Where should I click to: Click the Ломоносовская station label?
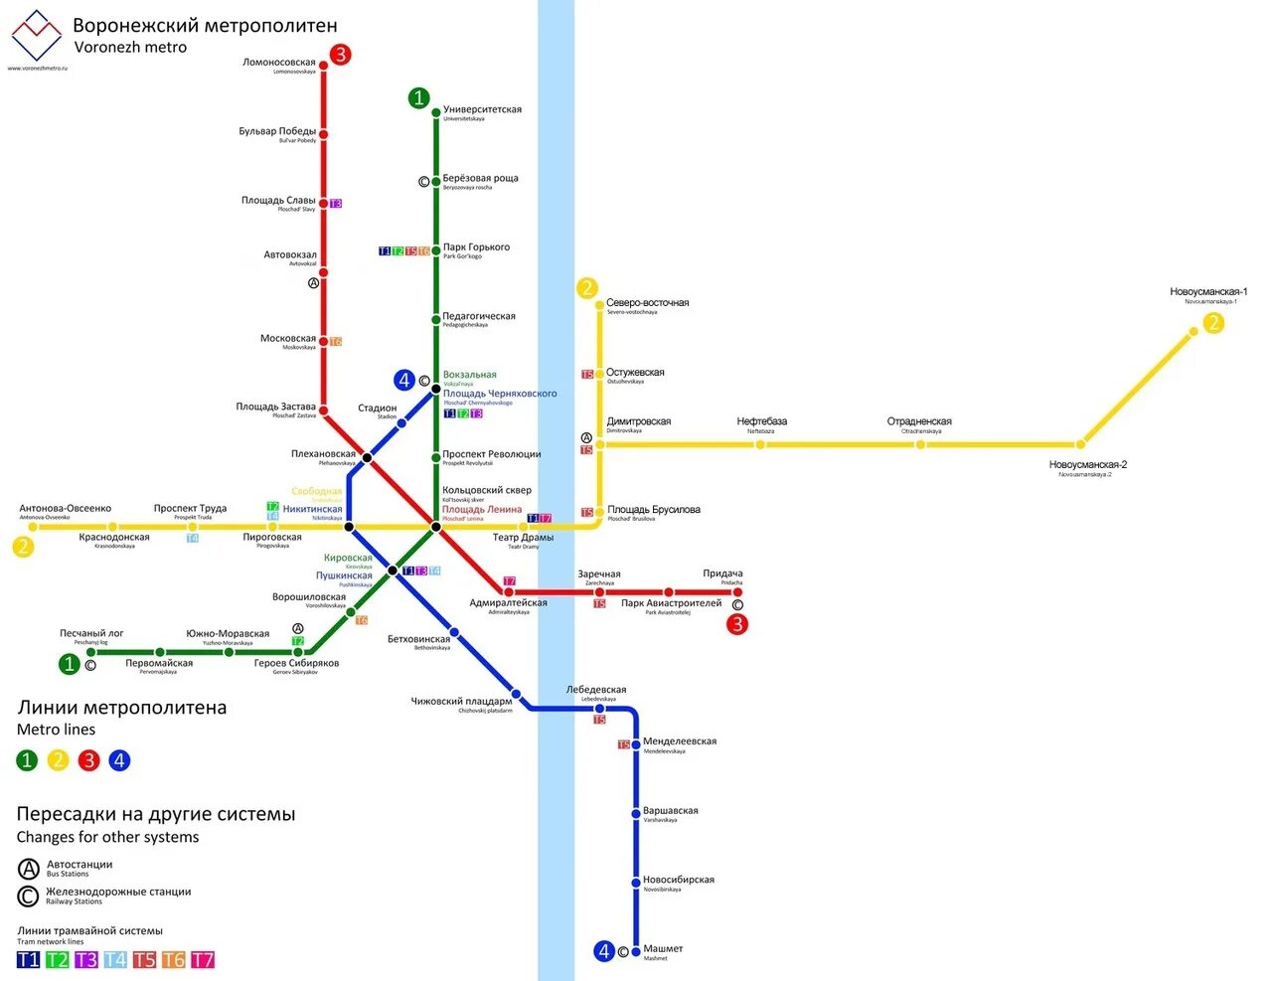(x=279, y=63)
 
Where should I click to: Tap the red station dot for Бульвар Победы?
(x=323, y=134)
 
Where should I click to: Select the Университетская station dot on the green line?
(x=435, y=113)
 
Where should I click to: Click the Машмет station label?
(x=663, y=949)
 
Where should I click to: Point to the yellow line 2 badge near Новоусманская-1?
(x=1213, y=323)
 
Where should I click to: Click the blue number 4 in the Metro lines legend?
(x=119, y=760)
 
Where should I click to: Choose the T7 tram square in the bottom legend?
(x=203, y=959)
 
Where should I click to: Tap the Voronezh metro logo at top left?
(x=37, y=36)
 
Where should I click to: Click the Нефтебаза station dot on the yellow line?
(x=760, y=444)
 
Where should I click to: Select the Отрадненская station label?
(x=919, y=421)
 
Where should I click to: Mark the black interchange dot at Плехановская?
(x=367, y=458)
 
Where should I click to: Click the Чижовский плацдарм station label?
(x=461, y=702)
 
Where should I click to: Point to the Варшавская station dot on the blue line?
(x=636, y=813)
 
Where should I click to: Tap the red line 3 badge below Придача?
(x=736, y=624)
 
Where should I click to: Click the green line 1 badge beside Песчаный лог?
(x=69, y=664)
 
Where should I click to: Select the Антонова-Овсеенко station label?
(x=66, y=509)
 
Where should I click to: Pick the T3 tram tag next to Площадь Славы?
(x=336, y=204)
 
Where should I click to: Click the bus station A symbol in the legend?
(x=29, y=869)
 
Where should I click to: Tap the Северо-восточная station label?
(x=647, y=303)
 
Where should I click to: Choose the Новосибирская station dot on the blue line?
(x=636, y=882)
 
